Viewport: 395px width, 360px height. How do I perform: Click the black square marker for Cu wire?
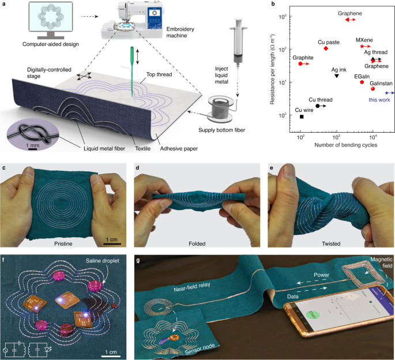coord(302,117)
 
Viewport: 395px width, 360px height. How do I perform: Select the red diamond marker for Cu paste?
coord(326,48)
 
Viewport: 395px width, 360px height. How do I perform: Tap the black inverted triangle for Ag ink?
coord(337,76)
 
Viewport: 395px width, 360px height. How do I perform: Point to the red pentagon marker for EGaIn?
coord(362,82)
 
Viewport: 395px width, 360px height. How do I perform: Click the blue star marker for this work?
coord(387,93)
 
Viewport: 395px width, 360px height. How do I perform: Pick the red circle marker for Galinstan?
coord(373,88)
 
